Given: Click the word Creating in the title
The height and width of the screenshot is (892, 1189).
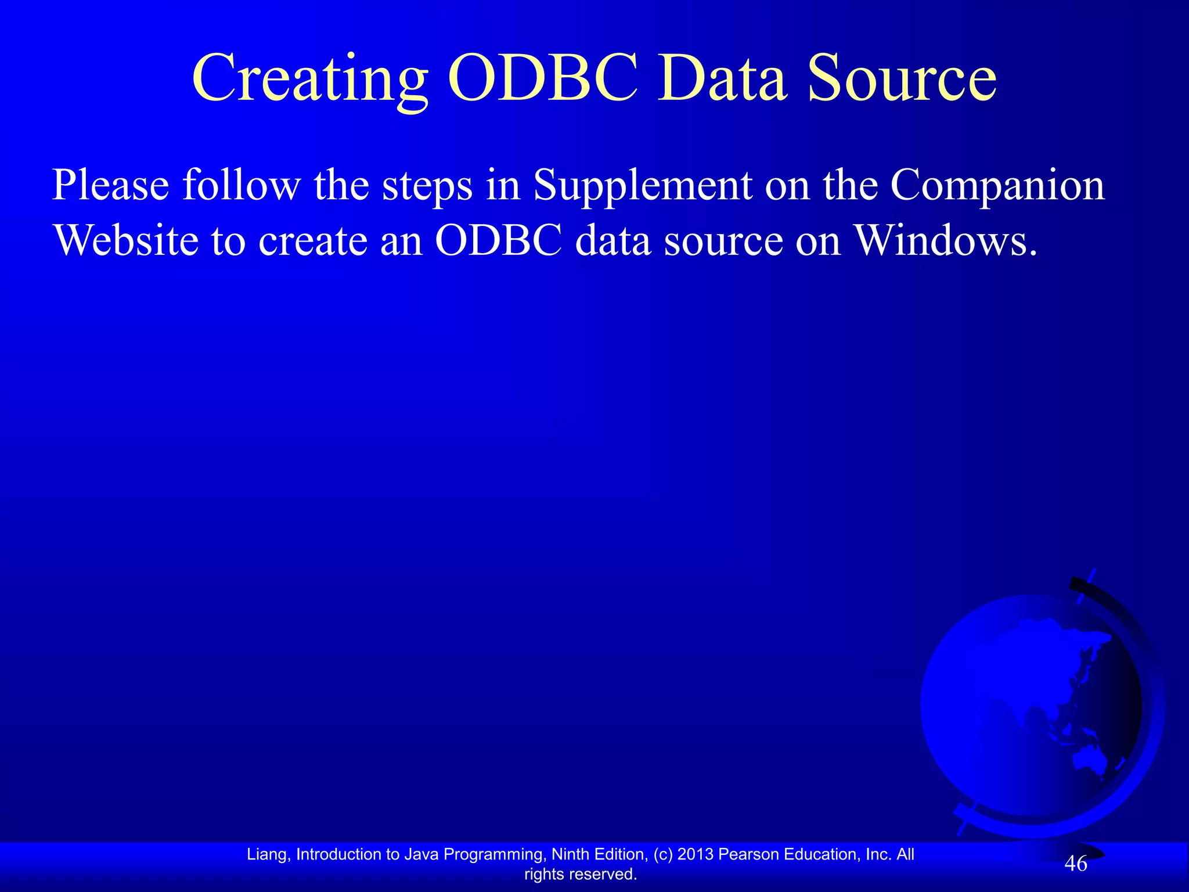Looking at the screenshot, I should [x=311, y=78].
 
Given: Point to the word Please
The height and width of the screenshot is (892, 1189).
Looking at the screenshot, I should [x=110, y=186].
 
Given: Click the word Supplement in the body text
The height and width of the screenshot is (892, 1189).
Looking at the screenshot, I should [x=642, y=186].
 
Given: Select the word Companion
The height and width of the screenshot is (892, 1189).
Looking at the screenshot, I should [x=997, y=186].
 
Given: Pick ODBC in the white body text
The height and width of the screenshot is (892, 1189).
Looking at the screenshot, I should [x=498, y=240].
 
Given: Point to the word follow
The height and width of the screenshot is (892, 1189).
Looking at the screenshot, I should [x=242, y=186].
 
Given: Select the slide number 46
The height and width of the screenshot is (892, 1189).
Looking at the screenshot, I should [x=1075, y=864].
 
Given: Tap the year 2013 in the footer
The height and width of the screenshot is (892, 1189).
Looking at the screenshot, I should [x=695, y=854].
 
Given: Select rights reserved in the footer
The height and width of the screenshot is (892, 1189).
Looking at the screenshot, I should [x=580, y=874].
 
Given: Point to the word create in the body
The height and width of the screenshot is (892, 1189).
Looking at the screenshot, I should [x=312, y=240].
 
